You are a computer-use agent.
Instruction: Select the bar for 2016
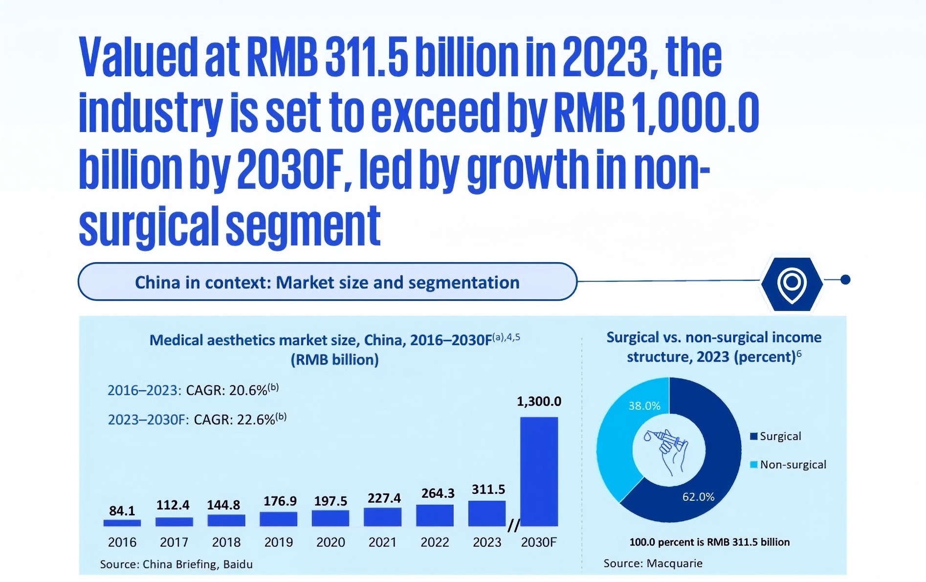click(122, 523)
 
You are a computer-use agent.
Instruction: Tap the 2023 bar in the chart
click(486, 514)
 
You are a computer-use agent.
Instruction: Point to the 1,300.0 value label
click(539, 402)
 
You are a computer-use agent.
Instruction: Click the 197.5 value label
click(331, 501)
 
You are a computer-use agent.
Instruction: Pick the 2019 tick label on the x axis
click(278, 542)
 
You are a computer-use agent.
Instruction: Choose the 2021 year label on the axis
click(382, 542)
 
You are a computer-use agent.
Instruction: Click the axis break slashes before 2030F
click(513, 526)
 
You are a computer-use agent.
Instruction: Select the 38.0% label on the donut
click(644, 406)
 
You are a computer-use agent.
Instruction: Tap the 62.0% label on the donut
click(698, 497)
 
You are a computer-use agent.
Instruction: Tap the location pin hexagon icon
click(792, 283)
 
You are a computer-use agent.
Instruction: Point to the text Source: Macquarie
click(653, 563)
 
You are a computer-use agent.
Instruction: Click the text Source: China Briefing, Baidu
click(176, 564)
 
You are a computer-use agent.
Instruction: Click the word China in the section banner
click(157, 283)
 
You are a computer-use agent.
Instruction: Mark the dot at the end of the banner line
click(845, 280)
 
